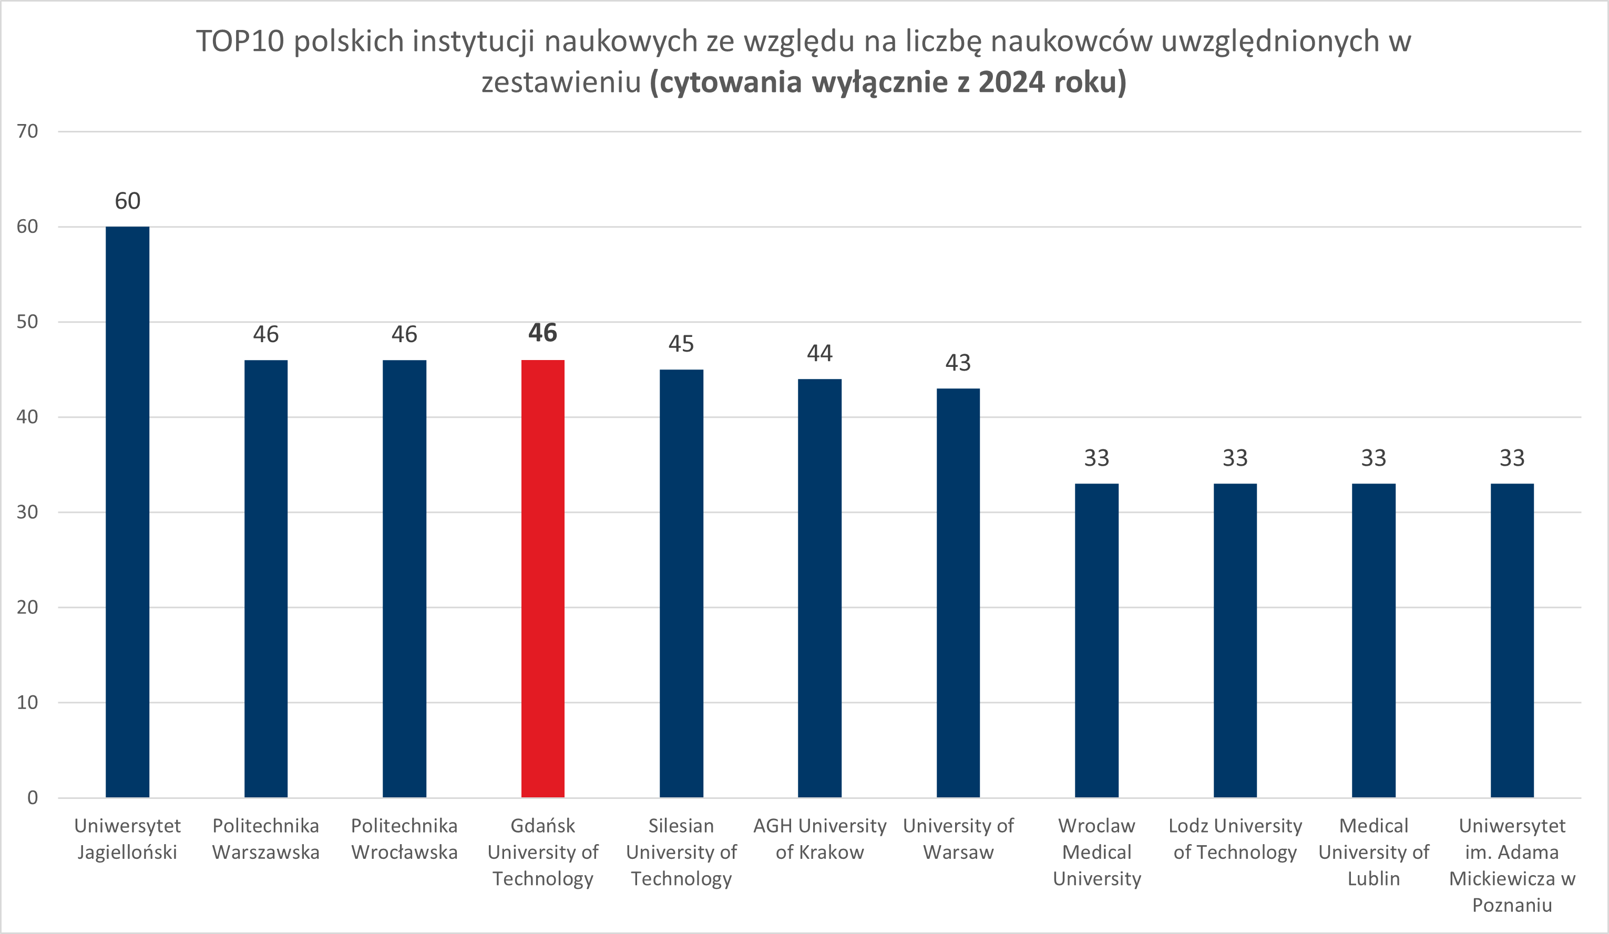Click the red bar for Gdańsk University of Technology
click(x=542, y=578)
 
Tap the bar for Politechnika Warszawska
click(x=265, y=578)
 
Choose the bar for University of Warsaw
click(x=958, y=592)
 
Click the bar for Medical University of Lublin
click(x=1374, y=640)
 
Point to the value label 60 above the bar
click(x=128, y=201)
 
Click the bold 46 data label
click(x=542, y=333)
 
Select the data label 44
click(x=820, y=353)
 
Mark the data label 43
click(x=958, y=363)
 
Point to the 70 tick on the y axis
click(x=27, y=131)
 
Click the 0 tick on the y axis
click(x=32, y=797)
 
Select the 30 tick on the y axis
click(x=27, y=512)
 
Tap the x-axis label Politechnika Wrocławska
click(x=404, y=839)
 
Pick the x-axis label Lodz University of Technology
click(x=1235, y=839)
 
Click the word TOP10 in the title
click(x=240, y=42)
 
